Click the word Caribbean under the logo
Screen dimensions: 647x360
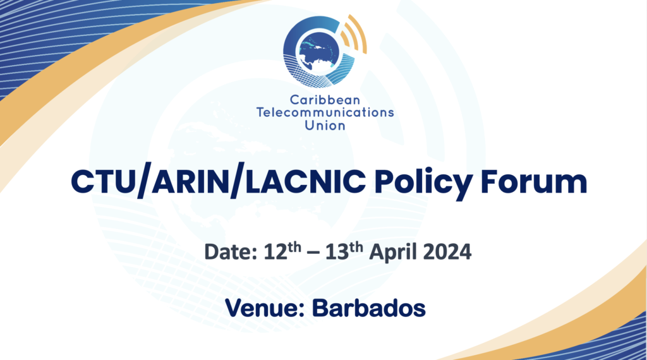coord(325,100)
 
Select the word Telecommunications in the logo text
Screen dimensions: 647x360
coord(325,112)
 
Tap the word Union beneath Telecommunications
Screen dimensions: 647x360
coord(325,125)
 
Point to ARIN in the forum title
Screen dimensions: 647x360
coord(191,181)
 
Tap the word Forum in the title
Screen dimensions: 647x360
coord(534,181)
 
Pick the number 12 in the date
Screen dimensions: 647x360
coord(275,251)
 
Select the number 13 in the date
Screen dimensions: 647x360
coord(337,251)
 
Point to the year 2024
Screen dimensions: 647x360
coord(447,251)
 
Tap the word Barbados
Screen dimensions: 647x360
coord(368,308)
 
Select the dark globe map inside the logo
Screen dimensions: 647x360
coord(318,52)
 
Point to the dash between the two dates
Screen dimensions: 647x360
coord(313,253)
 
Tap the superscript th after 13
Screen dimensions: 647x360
coord(356,247)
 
